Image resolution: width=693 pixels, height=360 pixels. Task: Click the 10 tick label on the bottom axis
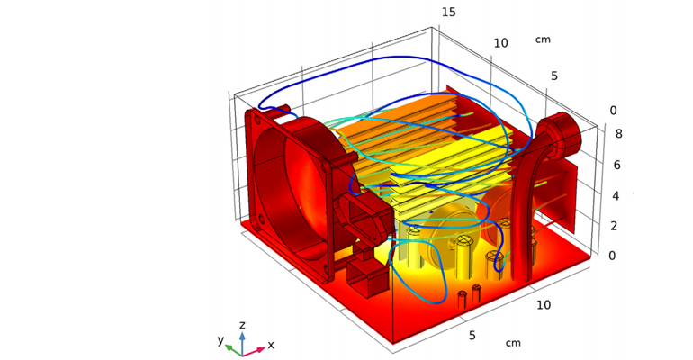543,306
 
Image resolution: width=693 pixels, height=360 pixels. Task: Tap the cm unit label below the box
513,343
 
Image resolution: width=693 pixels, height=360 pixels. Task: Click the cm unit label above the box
543,40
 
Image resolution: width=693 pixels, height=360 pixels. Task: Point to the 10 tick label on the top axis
501,43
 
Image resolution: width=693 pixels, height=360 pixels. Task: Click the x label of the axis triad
271,345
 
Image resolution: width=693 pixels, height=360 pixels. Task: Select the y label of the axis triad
220,339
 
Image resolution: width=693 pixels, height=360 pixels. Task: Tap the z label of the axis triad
242,325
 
